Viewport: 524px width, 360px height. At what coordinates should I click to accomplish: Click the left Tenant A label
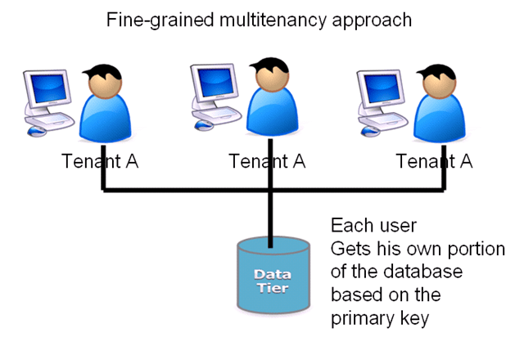(x=100, y=160)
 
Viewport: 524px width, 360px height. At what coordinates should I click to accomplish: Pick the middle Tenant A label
(x=267, y=160)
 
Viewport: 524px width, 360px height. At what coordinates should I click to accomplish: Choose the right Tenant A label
(x=434, y=160)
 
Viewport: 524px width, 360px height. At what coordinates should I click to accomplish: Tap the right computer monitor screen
(x=381, y=89)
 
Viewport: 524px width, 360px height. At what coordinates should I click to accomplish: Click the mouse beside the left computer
(x=36, y=130)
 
